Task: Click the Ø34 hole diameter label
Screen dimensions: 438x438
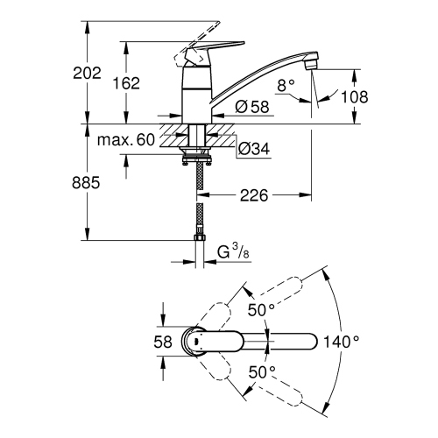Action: point(253,149)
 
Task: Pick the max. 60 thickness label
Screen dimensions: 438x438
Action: point(125,141)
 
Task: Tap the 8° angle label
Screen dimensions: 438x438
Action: point(286,85)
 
